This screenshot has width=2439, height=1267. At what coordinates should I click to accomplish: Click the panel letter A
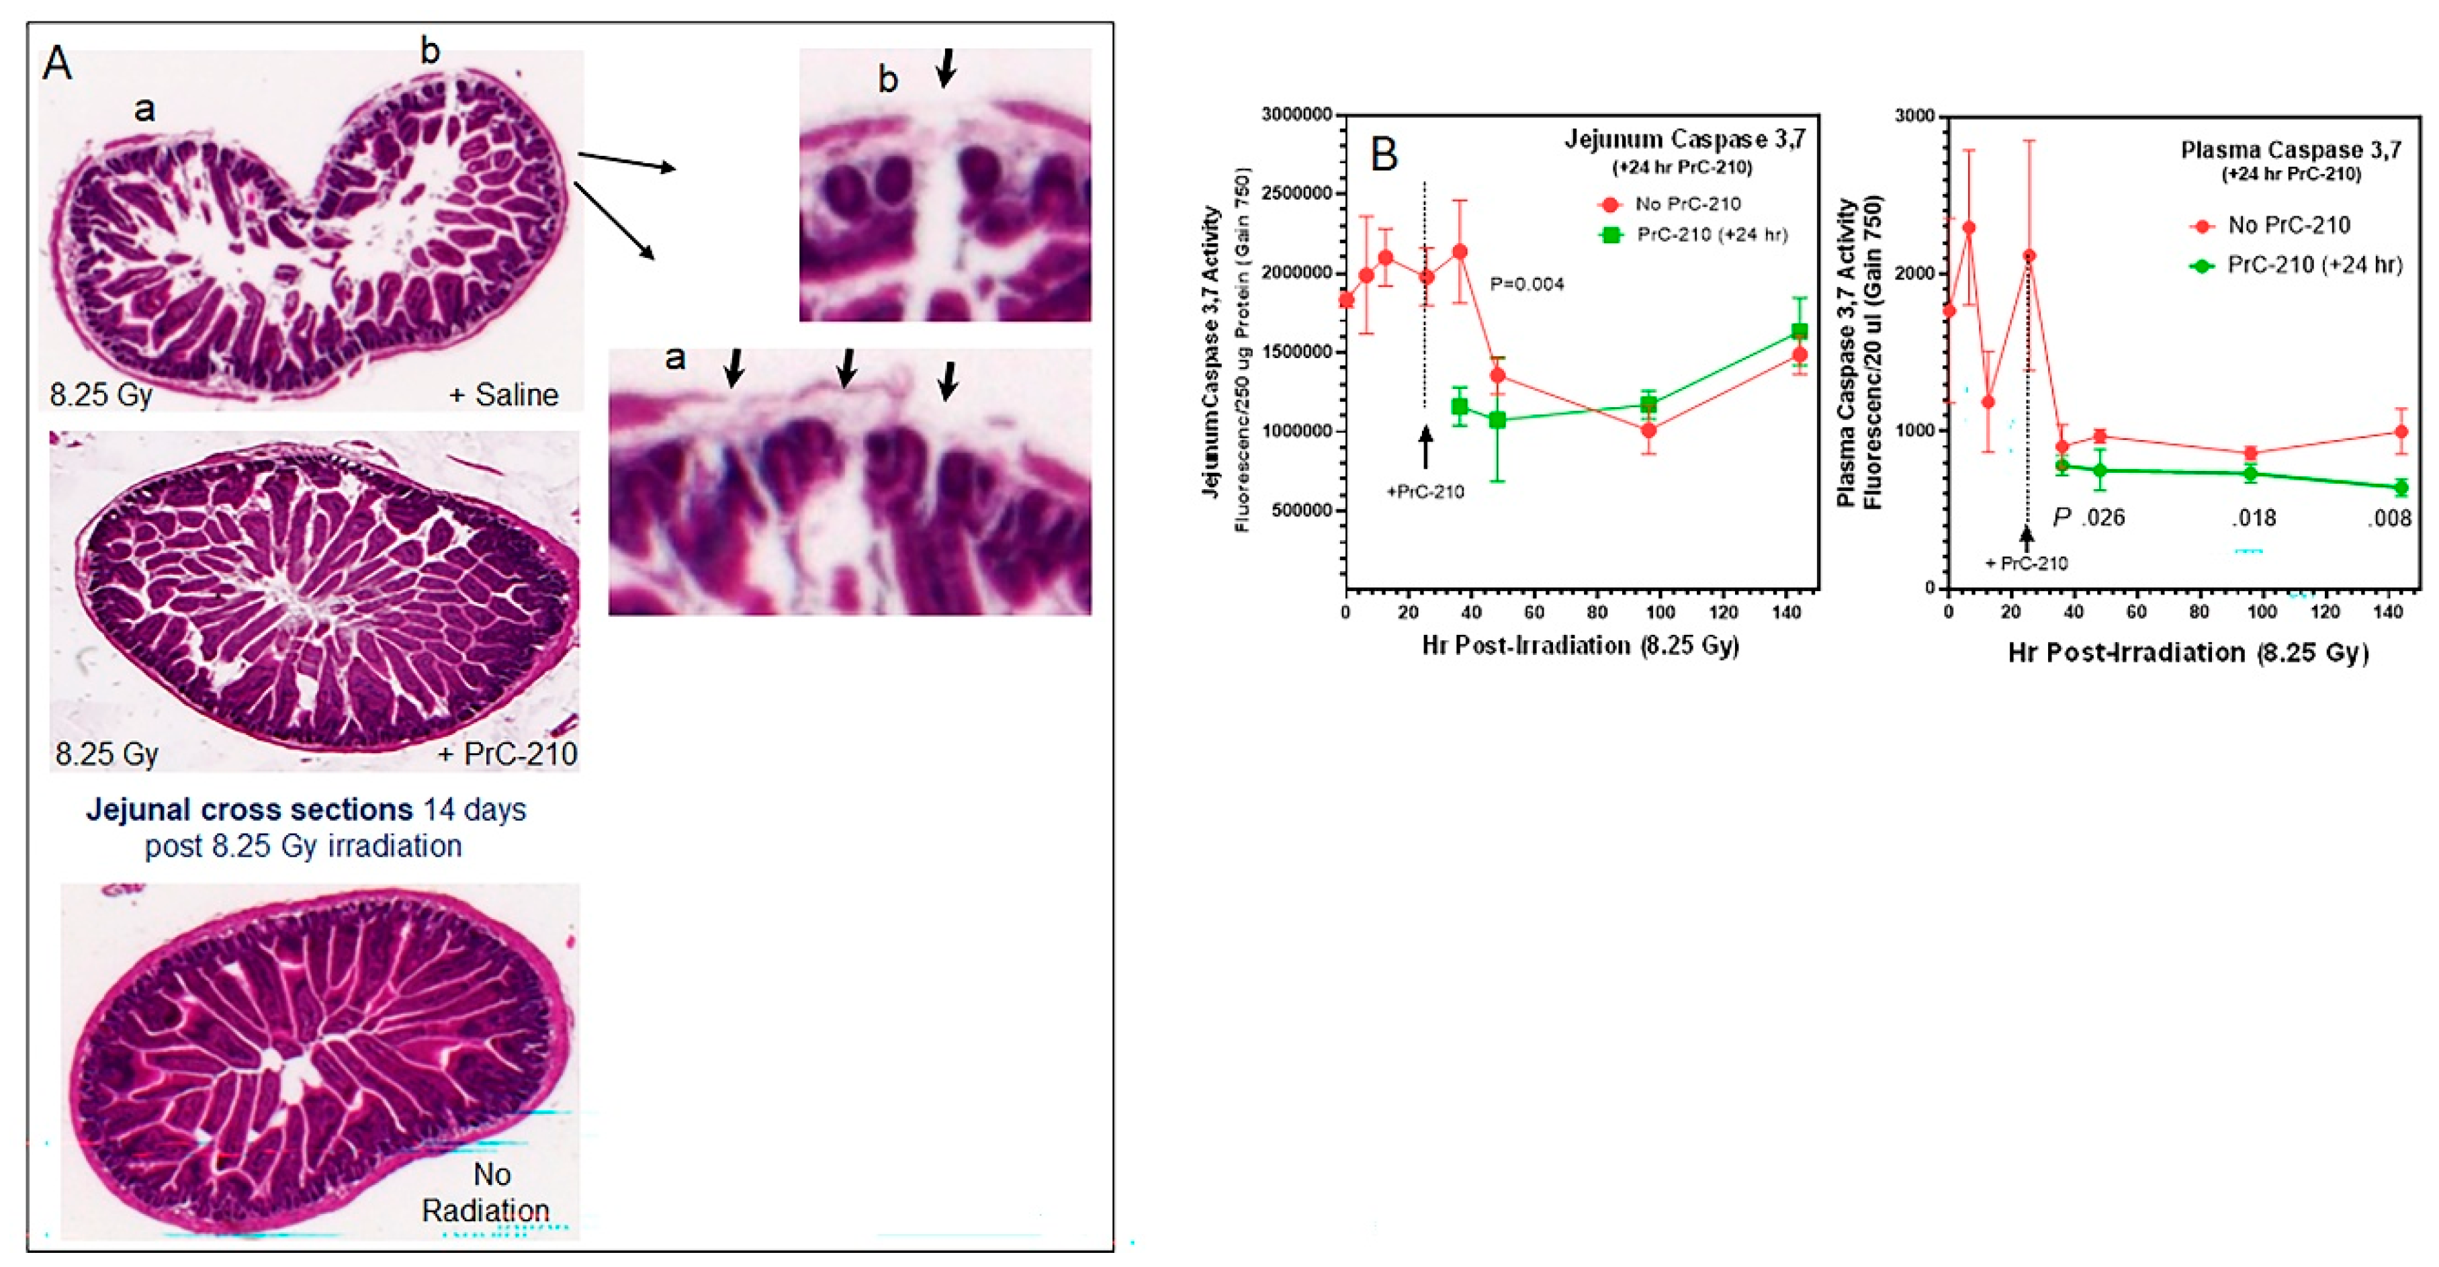pyautogui.click(x=58, y=64)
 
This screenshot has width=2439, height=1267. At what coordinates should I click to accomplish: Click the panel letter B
pyautogui.click(x=1384, y=153)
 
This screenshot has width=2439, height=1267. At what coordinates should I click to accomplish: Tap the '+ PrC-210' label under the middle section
pyautogui.click(x=508, y=754)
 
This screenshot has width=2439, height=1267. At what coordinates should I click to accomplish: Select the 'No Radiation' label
pyautogui.click(x=487, y=1192)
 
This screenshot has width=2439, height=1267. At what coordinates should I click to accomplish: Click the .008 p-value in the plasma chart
pyautogui.click(x=2388, y=518)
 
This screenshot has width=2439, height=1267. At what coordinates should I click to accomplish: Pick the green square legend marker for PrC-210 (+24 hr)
pyautogui.click(x=1609, y=235)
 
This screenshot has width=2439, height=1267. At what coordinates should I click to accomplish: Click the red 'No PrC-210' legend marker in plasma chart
pyautogui.click(x=2203, y=225)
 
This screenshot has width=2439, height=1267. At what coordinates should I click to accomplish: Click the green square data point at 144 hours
pyautogui.click(x=1799, y=331)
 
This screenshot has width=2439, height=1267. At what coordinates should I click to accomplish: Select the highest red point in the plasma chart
pyautogui.click(x=1969, y=227)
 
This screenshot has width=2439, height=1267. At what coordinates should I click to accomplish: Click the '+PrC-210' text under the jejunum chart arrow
pyautogui.click(x=1425, y=492)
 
